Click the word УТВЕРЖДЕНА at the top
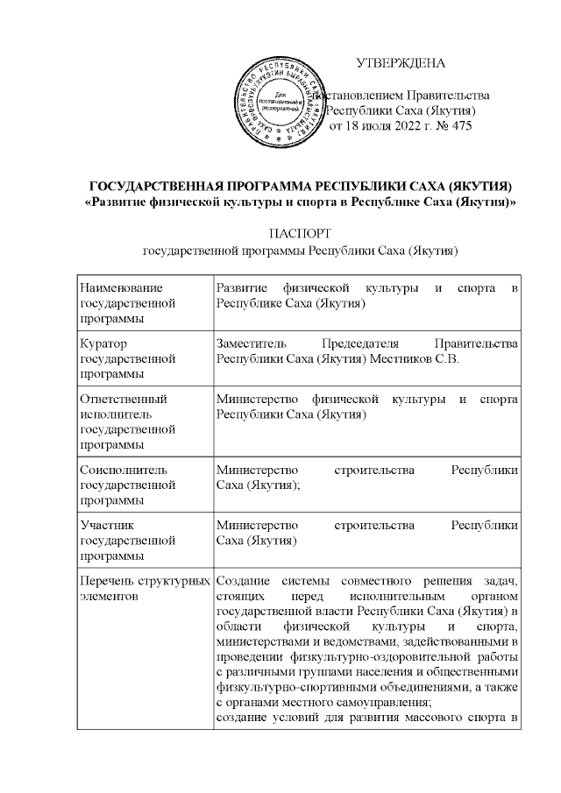click(x=401, y=63)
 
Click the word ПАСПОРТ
click(x=301, y=234)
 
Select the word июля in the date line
click(x=373, y=126)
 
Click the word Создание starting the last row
click(x=242, y=581)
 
